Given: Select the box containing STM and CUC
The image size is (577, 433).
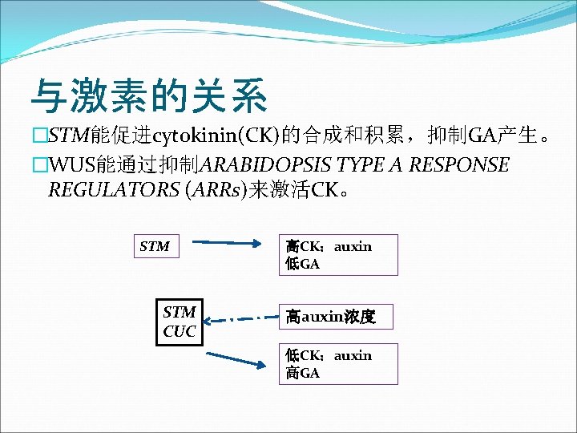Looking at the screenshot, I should (x=180, y=322).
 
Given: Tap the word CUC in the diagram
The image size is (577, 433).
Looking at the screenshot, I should (x=180, y=331).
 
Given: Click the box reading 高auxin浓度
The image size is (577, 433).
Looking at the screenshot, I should (x=337, y=317).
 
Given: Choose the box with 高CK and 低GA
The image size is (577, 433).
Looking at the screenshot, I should (x=337, y=254).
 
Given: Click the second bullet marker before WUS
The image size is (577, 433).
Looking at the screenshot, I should (x=38, y=165).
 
